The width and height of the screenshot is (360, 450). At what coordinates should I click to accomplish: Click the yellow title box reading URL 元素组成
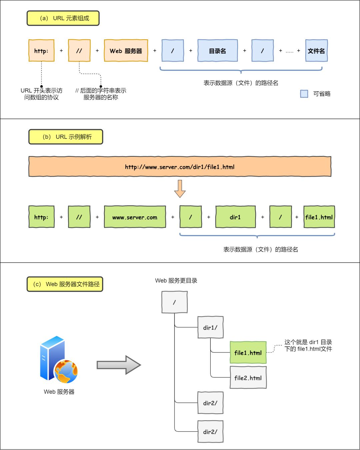tap(63, 18)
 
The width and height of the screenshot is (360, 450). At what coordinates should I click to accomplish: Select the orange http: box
tap(41, 51)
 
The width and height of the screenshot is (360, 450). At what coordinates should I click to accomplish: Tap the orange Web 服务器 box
tap(126, 51)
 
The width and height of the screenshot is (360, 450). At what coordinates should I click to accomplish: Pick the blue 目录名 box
tap(217, 51)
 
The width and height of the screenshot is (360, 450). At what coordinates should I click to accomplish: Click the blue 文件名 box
tap(316, 51)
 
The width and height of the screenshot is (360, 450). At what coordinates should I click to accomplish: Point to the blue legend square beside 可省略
tap(304, 94)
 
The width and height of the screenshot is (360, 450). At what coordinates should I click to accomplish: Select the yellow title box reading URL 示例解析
tap(66, 137)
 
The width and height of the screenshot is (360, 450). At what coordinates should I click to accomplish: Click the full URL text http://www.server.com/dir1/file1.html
tap(180, 167)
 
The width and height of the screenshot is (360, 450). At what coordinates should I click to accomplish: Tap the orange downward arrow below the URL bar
tap(180, 189)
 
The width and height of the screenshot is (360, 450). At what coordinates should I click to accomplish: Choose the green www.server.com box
tap(135, 217)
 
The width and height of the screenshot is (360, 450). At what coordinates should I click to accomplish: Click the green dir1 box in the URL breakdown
tap(235, 217)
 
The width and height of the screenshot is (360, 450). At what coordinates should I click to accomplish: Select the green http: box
tap(41, 217)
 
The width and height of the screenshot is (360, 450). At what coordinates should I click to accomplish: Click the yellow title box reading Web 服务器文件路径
tap(65, 284)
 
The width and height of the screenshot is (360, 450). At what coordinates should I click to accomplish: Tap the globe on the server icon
tap(66, 371)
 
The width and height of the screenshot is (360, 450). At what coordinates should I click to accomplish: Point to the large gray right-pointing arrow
tap(119, 365)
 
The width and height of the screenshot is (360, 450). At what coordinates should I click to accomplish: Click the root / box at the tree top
tap(174, 302)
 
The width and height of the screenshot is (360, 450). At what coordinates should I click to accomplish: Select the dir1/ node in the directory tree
tap(210, 327)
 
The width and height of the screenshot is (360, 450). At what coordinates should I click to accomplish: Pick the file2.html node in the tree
tap(248, 378)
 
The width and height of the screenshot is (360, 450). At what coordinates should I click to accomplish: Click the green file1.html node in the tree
tap(248, 353)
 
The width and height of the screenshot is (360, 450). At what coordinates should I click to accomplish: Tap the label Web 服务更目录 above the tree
tap(176, 281)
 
